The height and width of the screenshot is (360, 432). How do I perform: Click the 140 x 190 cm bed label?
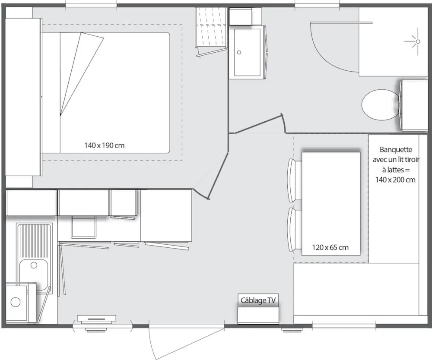(105, 145)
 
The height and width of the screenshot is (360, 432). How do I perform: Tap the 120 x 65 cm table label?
(330, 247)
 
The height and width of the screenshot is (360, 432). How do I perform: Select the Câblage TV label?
(258, 300)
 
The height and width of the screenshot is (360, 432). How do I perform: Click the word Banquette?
(396, 149)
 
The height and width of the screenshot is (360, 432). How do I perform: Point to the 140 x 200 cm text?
(395, 180)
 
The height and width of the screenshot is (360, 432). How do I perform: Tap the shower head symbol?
(417, 41)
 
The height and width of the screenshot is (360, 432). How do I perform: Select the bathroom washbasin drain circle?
(239, 52)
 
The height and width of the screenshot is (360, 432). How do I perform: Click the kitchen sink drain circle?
(34, 265)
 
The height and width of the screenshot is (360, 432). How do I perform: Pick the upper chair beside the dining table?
(294, 180)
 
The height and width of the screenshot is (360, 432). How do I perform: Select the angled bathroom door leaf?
(258, 124)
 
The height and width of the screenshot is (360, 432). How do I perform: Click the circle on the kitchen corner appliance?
(16, 302)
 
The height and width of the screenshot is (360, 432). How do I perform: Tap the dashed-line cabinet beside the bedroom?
(211, 30)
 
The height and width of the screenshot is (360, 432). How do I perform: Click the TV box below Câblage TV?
(258, 315)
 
